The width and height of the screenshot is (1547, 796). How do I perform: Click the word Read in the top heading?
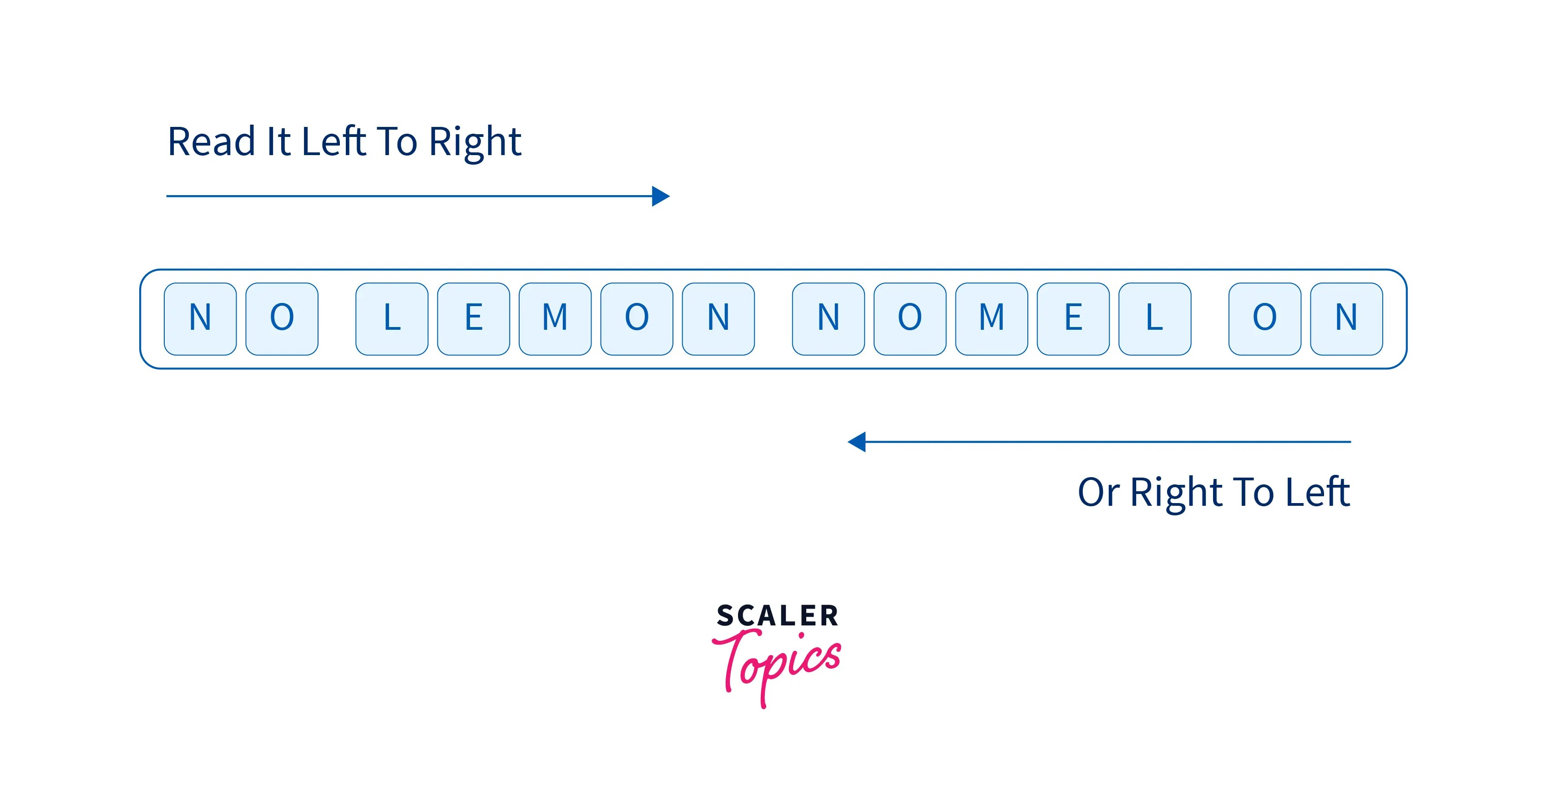click(x=211, y=142)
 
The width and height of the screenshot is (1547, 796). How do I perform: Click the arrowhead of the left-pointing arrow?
click(x=857, y=442)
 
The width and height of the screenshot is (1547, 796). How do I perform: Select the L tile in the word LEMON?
click(x=392, y=319)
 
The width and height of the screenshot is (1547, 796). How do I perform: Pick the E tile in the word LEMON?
click(x=473, y=319)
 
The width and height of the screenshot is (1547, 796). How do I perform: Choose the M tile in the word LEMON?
click(x=555, y=319)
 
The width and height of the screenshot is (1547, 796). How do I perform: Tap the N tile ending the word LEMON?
click(x=718, y=319)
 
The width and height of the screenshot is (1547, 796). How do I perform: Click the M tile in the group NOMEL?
click(x=991, y=319)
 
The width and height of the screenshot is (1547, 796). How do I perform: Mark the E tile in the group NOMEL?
click(x=1073, y=319)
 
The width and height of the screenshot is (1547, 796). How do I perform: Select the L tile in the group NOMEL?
click(x=1155, y=319)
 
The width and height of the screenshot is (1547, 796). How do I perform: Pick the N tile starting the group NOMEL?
click(x=828, y=319)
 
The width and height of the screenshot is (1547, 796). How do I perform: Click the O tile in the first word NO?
click(x=282, y=319)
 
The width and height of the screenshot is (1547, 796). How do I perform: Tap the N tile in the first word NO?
click(x=200, y=319)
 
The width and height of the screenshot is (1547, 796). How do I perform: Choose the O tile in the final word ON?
click(x=1265, y=319)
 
